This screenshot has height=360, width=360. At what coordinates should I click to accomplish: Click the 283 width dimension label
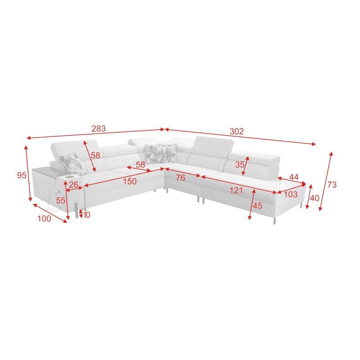[x=99, y=129]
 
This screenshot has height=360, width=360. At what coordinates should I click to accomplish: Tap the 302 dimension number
[x=237, y=131]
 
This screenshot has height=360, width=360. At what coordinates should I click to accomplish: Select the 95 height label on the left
[x=22, y=175]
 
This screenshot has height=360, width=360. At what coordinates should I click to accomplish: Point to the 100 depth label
[x=44, y=219]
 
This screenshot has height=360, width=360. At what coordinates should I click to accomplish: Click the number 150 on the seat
[x=130, y=181]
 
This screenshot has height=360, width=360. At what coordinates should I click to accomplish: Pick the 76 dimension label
[x=180, y=178]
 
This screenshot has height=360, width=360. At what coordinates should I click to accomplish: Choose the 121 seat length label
[x=236, y=190]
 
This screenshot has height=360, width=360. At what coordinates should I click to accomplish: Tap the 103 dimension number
[x=291, y=194]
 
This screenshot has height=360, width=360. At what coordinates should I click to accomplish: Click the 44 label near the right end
[x=294, y=177]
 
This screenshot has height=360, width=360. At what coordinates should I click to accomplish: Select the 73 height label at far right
[x=332, y=184]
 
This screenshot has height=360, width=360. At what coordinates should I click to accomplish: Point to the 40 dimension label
[x=315, y=198]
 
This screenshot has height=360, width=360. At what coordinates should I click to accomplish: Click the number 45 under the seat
[x=257, y=206]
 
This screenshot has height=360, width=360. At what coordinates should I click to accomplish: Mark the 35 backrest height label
[x=240, y=164]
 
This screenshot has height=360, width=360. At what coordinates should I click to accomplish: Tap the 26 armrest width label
[x=73, y=184]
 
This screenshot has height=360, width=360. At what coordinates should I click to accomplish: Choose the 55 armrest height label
[x=61, y=200]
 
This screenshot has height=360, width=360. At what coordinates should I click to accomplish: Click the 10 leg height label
[x=86, y=215]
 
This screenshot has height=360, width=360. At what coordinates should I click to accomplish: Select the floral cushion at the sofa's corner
[x=161, y=153]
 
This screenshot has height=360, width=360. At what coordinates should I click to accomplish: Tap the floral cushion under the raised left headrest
[x=72, y=164]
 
